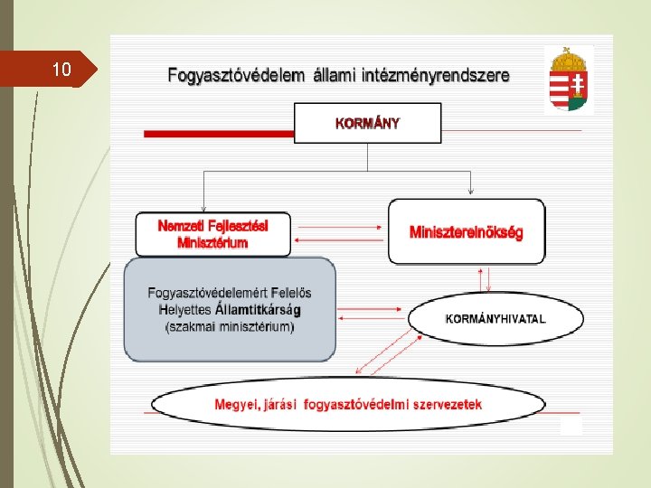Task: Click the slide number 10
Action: pos(61,70)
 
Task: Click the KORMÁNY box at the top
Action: pos(367,124)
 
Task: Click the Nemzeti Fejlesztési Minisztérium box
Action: pos(213,234)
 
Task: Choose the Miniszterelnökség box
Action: pos(466,232)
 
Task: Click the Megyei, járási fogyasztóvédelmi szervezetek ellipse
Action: pos(348,404)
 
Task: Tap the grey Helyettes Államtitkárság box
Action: pos(230,309)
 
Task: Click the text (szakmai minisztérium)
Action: pos(230,326)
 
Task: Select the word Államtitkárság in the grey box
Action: pos(259,310)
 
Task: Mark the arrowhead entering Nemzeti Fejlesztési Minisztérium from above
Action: pos(205,208)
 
